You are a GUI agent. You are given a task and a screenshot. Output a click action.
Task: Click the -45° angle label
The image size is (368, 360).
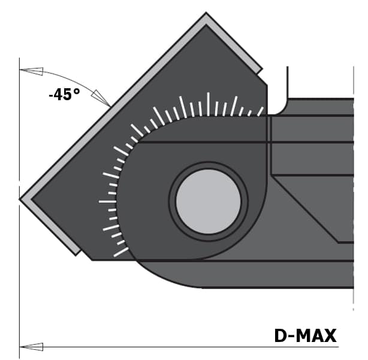pos(64,94)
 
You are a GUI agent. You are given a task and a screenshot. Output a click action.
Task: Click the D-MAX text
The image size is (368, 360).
pos(305,335)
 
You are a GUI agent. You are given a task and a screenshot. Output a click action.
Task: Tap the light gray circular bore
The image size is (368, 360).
pos(209,202)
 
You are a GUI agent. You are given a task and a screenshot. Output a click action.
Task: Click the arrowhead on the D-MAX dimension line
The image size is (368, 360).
pos(31,347)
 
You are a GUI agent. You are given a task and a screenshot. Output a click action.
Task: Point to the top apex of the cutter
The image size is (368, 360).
pos(206,13)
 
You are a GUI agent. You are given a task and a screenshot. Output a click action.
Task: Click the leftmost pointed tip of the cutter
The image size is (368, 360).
pos(20,199)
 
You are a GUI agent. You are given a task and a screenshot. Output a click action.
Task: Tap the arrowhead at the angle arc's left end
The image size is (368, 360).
pos(31,71)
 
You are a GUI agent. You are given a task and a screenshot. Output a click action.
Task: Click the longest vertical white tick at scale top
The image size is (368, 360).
pos(208,104)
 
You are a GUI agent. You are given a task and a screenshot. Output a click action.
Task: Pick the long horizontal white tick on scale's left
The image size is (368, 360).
pos(107,202)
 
